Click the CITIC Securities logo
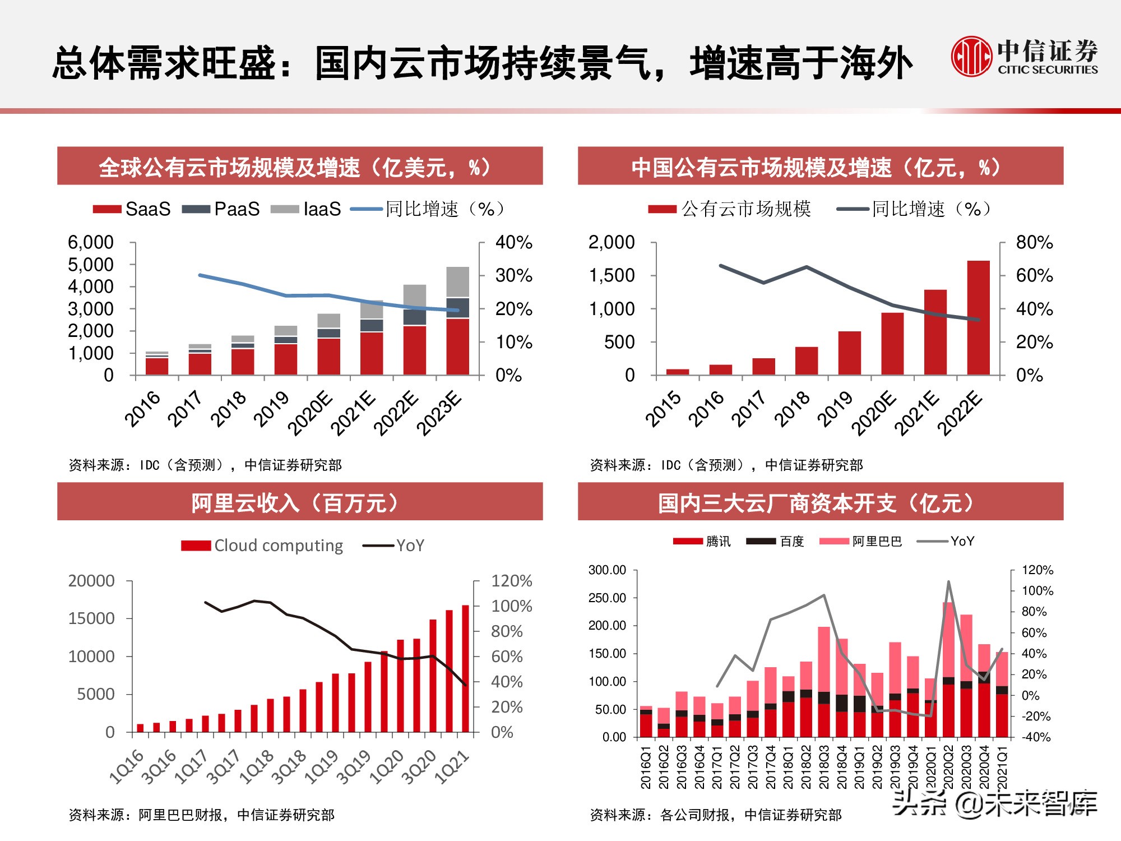pos(1023,57)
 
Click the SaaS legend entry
pos(132,209)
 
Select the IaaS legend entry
pos(307,209)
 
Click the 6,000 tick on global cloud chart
pos(91,243)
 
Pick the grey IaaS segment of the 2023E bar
pos(457,281)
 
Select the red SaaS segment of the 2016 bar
pos(157,366)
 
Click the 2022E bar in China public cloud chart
pos(978,317)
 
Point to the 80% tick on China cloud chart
pos(1034,243)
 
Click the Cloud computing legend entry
pos(262,546)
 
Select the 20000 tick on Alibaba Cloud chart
pos(91,581)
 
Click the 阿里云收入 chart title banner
pos(300,502)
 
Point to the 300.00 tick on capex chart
pos(607,570)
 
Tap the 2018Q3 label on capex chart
pos(823,766)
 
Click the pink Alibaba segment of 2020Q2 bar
pos(948,639)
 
